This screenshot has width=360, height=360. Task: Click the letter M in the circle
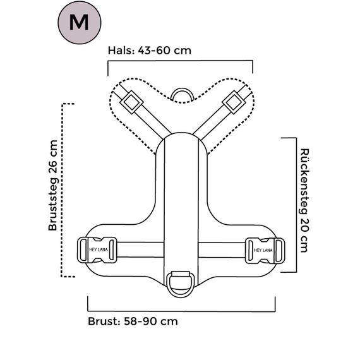(79, 22)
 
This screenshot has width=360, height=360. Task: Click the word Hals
(121, 51)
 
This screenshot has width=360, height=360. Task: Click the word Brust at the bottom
(103, 321)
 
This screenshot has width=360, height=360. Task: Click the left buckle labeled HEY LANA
(97, 250)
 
